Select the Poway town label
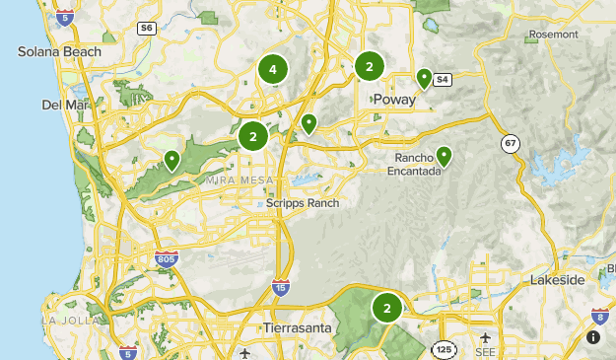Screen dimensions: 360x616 coord(394,99)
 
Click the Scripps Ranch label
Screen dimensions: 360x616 coord(303,203)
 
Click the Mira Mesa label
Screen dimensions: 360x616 coord(233,180)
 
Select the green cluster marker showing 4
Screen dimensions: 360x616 coord(273,69)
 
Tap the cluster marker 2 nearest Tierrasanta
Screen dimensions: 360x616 coord(387,308)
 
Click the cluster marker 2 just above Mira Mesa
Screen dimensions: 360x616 coord(253,137)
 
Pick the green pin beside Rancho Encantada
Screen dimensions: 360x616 coord(444,155)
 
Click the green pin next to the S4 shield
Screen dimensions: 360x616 coord(425,77)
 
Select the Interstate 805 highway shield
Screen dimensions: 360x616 coord(167,258)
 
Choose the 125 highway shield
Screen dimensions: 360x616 coord(443,348)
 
